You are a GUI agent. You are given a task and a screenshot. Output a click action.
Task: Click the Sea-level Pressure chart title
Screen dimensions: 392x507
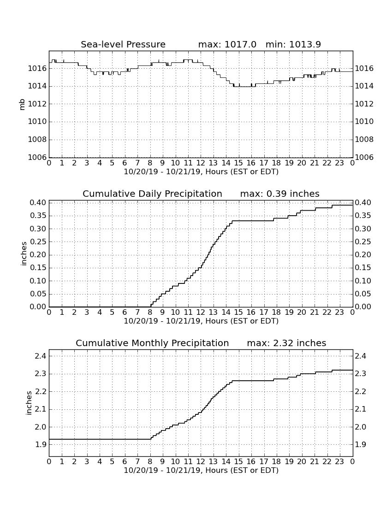pyautogui.click(x=123, y=44)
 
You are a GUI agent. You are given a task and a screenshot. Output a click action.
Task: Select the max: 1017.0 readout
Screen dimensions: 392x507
pyautogui.click(x=227, y=44)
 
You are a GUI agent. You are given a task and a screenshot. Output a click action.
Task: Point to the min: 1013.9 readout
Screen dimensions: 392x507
pyautogui.click(x=293, y=44)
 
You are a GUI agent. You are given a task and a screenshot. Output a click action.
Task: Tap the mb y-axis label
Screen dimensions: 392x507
pyautogui.click(x=22, y=104)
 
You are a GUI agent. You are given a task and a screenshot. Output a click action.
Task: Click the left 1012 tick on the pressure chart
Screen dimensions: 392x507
pyautogui.click(x=37, y=104)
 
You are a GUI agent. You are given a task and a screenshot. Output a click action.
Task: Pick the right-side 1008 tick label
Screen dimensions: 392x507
pyautogui.click(x=364, y=139)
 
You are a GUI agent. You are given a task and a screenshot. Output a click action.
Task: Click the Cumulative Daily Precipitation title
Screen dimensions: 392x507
pyautogui.click(x=152, y=194)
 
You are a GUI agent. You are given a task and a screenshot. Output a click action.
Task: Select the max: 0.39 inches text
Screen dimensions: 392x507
pyautogui.click(x=280, y=194)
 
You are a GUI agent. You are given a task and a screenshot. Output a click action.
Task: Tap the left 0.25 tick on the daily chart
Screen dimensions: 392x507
pyautogui.click(x=38, y=242)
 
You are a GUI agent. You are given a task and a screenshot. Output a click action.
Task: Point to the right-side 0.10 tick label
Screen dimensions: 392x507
pyautogui.click(x=363, y=281)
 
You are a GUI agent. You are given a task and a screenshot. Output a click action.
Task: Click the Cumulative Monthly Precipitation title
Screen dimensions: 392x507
pyautogui.click(x=152, y=343)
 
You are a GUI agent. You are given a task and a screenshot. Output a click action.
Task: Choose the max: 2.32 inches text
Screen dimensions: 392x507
pyautogui.click(x=286, y=343)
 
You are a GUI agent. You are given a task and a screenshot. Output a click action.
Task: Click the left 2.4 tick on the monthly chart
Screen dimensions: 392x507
pyautogui.click(x=42, y=356)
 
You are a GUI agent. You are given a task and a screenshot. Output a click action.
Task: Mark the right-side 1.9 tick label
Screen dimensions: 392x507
pyautogui.click(x=360, y=445)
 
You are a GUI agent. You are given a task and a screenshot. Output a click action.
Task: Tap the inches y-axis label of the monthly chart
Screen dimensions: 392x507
pyautogui.click(x=29, y=403)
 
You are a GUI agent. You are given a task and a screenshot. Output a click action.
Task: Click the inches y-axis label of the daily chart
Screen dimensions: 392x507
pyautogui.click(x=24, y=253)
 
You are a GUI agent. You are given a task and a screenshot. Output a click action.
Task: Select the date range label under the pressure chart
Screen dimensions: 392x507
pyautogui.click(x=201, y=172)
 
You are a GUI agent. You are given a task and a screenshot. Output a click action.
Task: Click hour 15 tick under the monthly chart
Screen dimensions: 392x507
pyautogui.click(x=238, y=461)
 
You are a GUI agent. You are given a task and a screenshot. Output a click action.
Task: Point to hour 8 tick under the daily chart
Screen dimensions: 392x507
pyautogui.click(x=150, y=312)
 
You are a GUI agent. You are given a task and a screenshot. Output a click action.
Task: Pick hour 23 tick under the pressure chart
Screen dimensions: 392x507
pyautogui.click(x=339, y=163)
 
